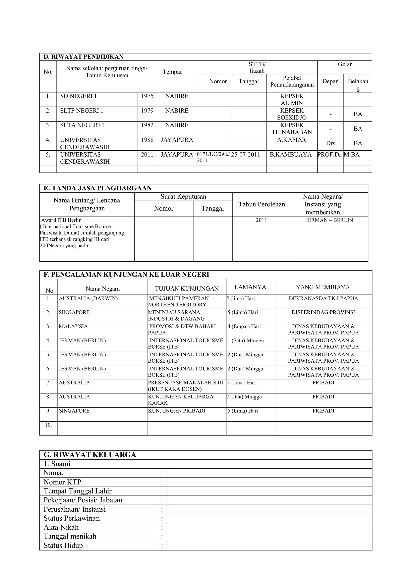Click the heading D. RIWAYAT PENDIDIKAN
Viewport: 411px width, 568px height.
point(83,57)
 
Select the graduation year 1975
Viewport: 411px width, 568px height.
point(147,96)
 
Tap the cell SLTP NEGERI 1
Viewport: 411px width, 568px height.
point(82,111)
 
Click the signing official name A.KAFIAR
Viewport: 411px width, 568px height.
point(291,140)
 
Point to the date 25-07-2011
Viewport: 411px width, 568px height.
point(246,155)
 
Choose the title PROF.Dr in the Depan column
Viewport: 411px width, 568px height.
point(329,155)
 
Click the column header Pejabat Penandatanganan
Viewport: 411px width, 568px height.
point(292,81)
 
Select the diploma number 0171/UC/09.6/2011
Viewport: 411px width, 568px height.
point(213,157)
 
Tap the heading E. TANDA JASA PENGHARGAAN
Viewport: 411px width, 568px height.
point(98,188)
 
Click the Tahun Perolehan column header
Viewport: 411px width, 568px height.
point(261,204)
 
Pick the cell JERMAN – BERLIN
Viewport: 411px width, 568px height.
point(329,220)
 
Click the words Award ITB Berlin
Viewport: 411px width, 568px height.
point(61,220)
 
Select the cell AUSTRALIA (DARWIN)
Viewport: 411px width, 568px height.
point(88,299)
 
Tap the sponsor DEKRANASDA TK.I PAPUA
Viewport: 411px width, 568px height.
point(323,299)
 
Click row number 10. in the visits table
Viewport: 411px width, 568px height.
point(48,425)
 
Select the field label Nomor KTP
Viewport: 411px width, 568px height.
point(62,482)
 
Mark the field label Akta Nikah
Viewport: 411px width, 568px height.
point(61,527)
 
